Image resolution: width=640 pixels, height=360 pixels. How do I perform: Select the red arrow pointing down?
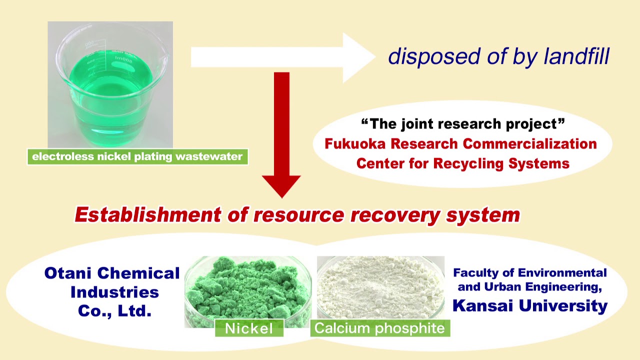tap(281, 135)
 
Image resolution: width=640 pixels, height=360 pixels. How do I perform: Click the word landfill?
tap(577, 56)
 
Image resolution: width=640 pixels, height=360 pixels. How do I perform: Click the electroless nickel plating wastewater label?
tap(137, 157)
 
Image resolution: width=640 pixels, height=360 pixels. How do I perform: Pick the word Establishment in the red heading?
tap(147, 215)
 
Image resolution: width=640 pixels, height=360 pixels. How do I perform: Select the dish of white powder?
tap(380, 287)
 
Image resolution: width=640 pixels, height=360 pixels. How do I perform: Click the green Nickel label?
tap(249, 328)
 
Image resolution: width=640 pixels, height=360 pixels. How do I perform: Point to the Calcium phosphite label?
tap(379, 328)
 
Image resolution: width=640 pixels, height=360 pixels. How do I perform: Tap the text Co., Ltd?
tap(114, 310)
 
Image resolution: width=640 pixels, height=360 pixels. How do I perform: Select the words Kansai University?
tap(530, 305)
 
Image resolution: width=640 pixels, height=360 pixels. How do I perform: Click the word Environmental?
tap(562, 273)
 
